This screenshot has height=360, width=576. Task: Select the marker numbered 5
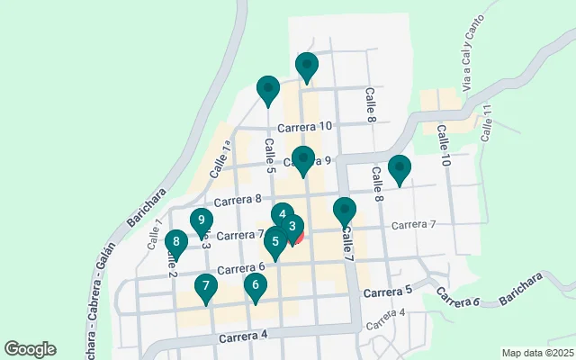click(275, 242)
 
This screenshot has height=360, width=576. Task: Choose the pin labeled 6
click(256, 287)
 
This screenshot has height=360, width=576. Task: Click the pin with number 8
click(176, 242)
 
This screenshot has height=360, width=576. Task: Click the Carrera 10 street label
click(305, 127)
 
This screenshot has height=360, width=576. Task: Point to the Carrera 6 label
click(240, 268)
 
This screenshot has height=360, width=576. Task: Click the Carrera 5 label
click(388, 290)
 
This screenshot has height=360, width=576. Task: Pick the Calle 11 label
click(487, 123)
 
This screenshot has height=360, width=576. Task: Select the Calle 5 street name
click(269, 155)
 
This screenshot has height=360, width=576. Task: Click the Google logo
click(30, 349)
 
